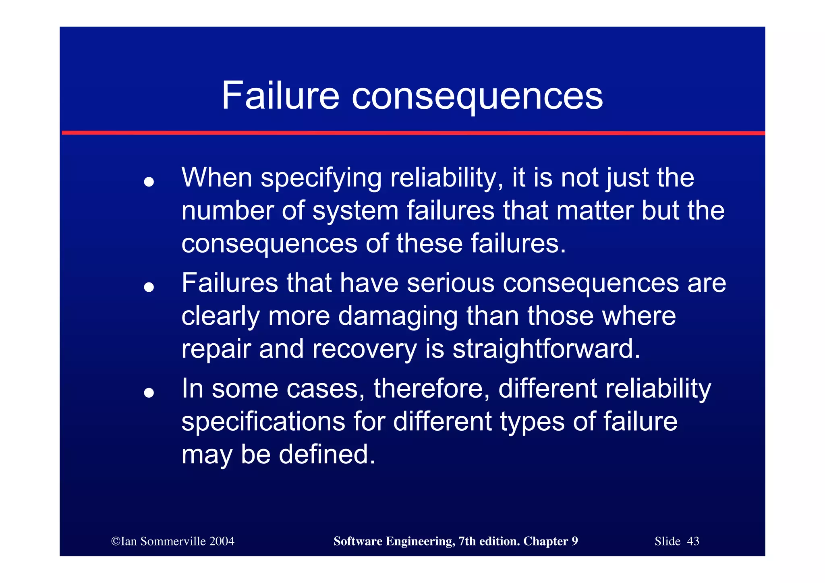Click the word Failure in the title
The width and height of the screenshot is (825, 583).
click(x=280, y=95)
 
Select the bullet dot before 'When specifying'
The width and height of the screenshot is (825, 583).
click(x=149, y=182)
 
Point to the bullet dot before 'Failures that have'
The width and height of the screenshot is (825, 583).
click(x=149, y=287)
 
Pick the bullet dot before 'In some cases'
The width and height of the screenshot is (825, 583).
click(x=149, y=392)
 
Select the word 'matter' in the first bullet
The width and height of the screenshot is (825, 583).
click(x=595, y=211)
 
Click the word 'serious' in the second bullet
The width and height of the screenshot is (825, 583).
click(x=450, y=283)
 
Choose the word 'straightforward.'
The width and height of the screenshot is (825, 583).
click(x=546, y=349)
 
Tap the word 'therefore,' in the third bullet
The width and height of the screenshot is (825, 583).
click(x=431, y=389)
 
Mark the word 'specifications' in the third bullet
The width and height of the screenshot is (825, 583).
click(x=263, y=422)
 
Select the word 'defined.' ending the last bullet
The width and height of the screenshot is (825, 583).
click(x=327, y=454)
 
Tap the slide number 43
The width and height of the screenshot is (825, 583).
click(x=693, y=541)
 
